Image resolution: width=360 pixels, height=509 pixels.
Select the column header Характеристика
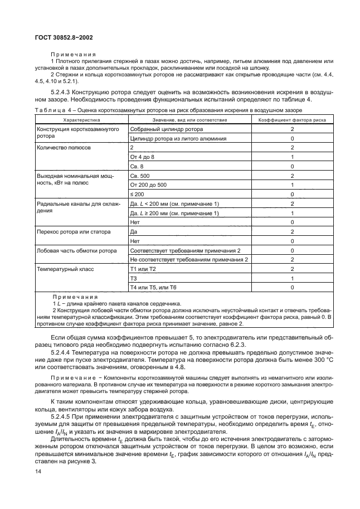pos(81,119)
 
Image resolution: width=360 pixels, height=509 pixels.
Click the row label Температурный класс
pos(62,269)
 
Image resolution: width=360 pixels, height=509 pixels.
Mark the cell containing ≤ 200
pos(137,194)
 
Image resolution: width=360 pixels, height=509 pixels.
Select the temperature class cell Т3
pos(133,278)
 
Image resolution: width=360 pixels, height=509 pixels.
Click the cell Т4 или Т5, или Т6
pos(153,287)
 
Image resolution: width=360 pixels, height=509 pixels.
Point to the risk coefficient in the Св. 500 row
pos(292,176)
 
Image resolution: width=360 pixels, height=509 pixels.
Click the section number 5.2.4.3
pos(64,92)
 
